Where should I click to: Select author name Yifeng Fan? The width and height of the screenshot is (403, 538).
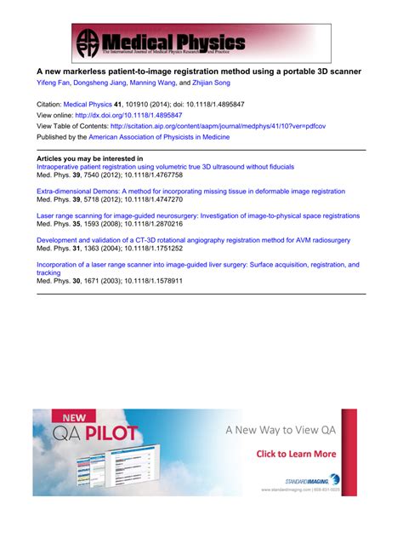point(54,83)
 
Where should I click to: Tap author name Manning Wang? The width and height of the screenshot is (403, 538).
point(153,83)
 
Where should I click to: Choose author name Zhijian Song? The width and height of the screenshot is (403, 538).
point(209,83)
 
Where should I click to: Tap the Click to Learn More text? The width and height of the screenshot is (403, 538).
point(296,454)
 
